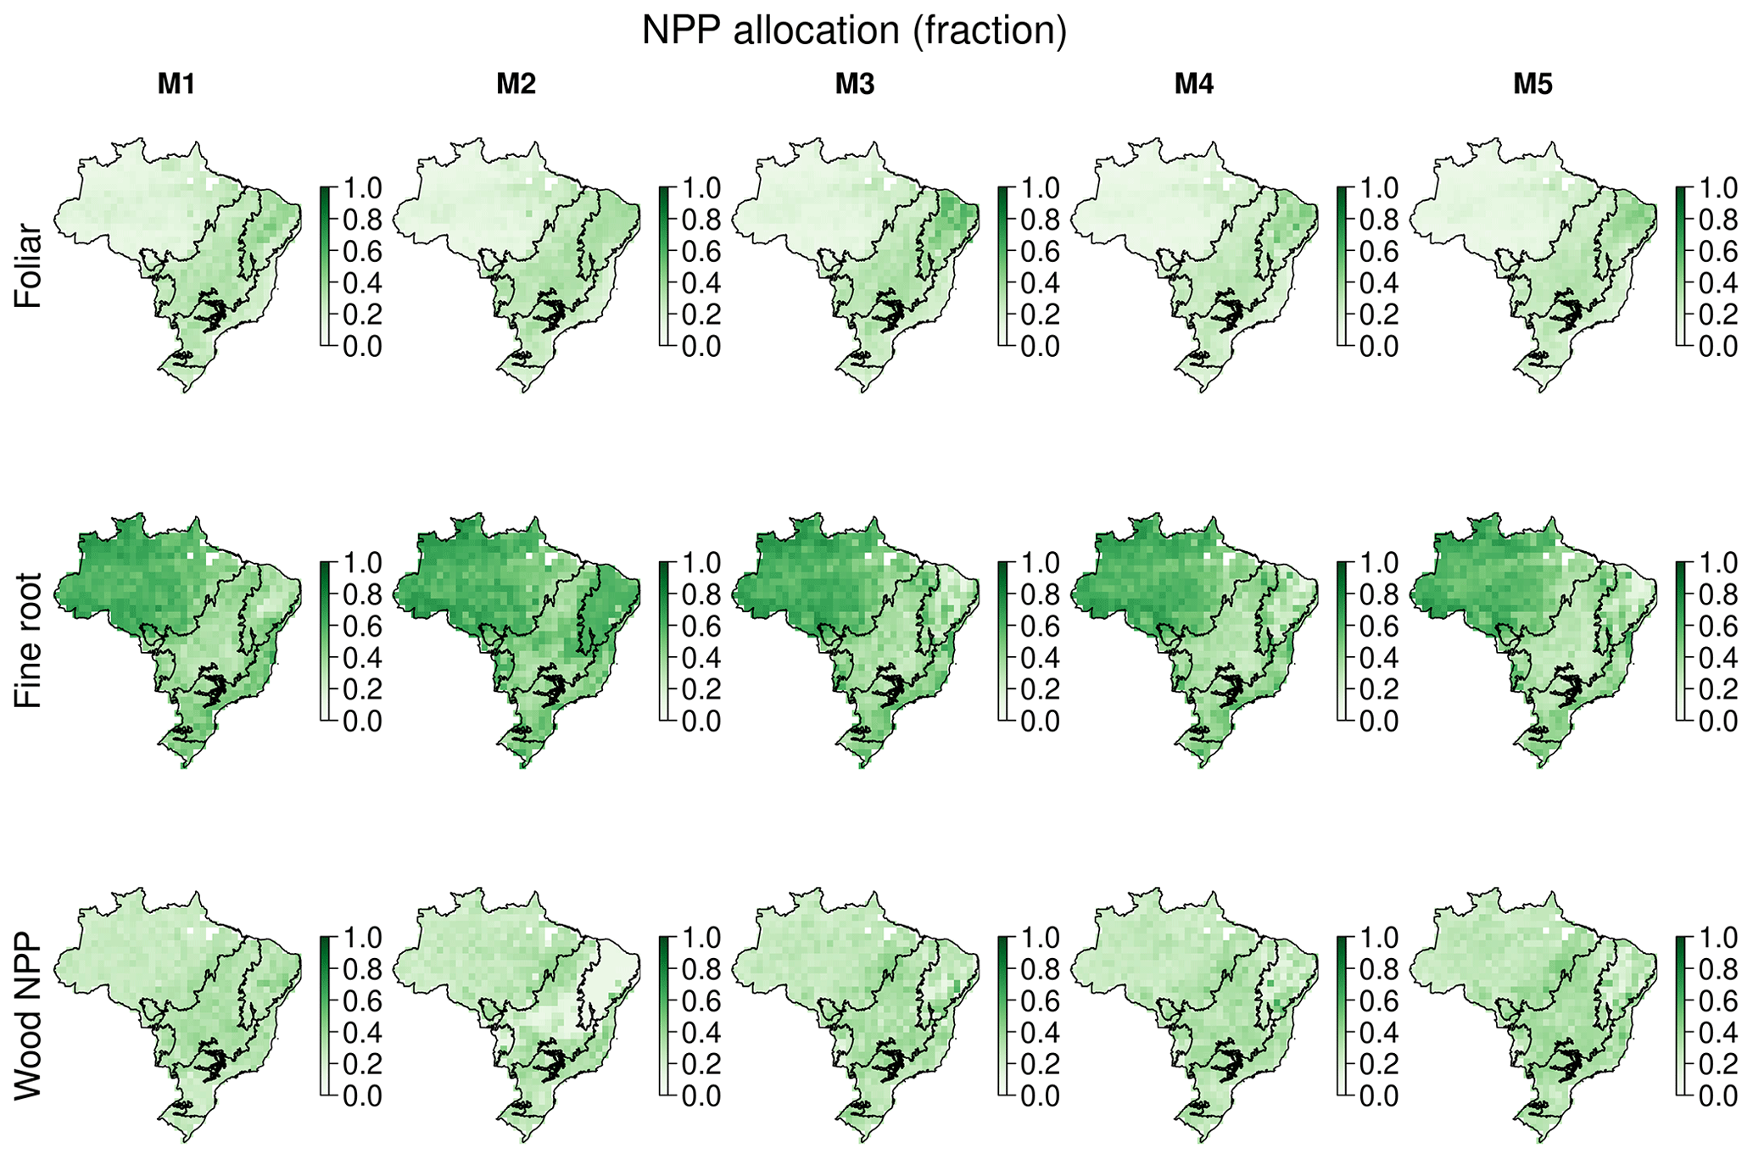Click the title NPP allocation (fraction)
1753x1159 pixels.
(854, 31)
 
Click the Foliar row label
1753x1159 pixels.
(28, 265)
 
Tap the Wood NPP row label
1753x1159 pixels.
(28, 1017)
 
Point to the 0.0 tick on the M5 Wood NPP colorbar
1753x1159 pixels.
(1717, 1097)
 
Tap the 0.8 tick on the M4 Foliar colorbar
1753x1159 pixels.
(1379, 220)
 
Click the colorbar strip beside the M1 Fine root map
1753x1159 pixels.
(326, 641)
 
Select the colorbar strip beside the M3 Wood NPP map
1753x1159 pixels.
(1004, 1017)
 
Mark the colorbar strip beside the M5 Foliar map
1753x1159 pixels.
(1683, 266)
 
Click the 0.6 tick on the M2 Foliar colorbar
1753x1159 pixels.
(701, 252)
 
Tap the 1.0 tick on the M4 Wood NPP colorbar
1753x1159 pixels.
(1379, 938)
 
